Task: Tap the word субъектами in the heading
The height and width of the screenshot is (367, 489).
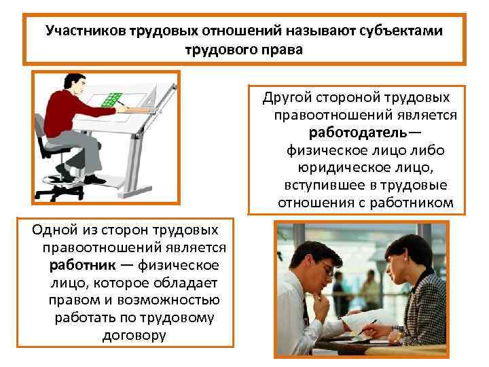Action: (x=403, y=31)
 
